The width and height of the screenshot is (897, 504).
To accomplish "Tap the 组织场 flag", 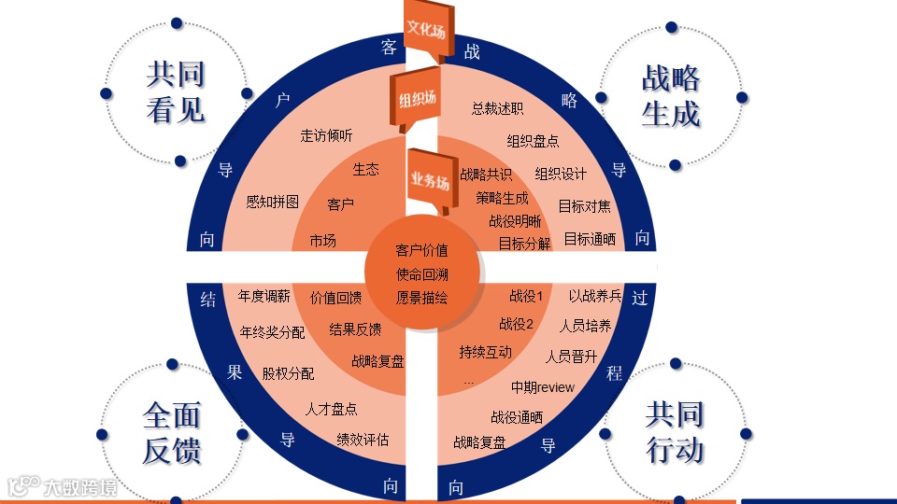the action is coord(418,100).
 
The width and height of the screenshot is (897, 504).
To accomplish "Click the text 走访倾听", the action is coord(326,135).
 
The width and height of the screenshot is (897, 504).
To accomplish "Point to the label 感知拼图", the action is coord(272,202).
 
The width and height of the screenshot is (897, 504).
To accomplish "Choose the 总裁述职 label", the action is coord(497,109).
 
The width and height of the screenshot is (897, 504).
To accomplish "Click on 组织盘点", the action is coord(533,142).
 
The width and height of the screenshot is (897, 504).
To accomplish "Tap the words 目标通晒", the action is coord(590,239).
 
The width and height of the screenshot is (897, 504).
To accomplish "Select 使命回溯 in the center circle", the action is coord(421,274).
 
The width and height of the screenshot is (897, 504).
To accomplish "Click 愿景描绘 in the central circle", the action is coord(421,299).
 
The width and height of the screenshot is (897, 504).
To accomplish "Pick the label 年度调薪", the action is coord(263,297).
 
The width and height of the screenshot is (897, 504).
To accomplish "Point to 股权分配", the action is coord(288,373).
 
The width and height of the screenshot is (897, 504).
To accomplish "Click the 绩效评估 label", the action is coord(363,440).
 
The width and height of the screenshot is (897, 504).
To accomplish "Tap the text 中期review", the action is coord(543,387).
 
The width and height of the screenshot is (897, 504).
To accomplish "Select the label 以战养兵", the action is coord(595,297).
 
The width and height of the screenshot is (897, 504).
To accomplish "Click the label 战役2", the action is coord(516,325).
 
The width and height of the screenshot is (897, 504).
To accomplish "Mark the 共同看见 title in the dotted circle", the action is coord(176,92).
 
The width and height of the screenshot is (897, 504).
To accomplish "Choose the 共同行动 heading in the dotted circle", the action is coord(675,432).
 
